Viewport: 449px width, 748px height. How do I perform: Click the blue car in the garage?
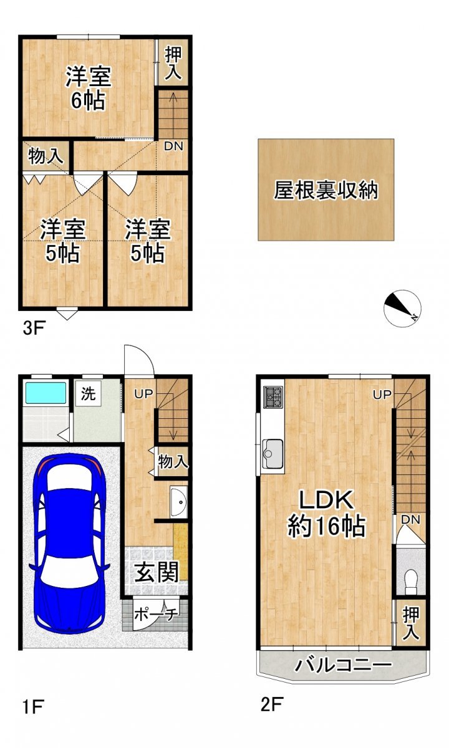pyautogui.click(x=69, y=544)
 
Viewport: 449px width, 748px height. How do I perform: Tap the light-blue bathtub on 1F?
pyautogui.click(x=46, y=393)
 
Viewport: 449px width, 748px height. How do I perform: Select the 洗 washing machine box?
pyautogui.click(x=88, y=394)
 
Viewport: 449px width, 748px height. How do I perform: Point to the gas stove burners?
pyautogui.click(x=273, y=397)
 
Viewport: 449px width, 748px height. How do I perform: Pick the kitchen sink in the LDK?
pyautogui.click(x=273, y=454)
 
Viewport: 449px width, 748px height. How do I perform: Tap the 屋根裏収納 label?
pyautogui.click(x=326, y=190)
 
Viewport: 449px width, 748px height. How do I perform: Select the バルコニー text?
pyautogui.click(x=343, y=664)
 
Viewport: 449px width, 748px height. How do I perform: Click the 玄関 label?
pyautogui.click(x=157, y=572)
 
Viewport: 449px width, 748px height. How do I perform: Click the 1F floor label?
pyautogui.click(x=32, y=707)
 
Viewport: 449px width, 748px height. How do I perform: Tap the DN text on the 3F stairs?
pyautogui.click(x=173, y=146)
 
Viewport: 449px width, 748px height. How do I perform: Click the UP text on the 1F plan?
pyautogui.click(x=143, y=394)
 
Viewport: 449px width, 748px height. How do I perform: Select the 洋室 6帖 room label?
pyautogui.click(x=88, y=88)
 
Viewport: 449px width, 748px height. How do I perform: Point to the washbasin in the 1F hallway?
pyautogui.click(x=179, y=502)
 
